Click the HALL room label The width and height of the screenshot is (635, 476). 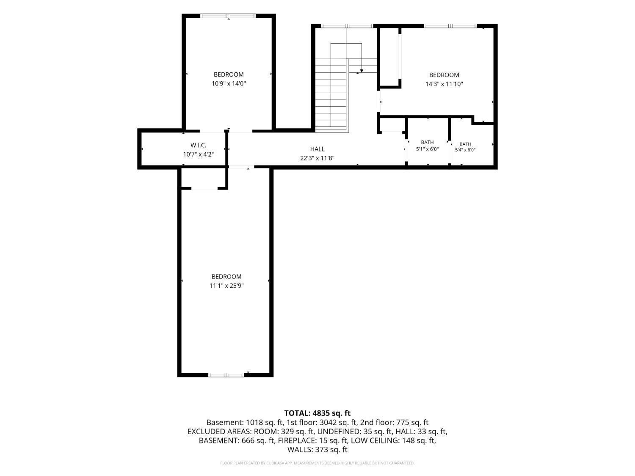click(x=317, y=149)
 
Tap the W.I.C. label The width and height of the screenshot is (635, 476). click(x=198, y=146)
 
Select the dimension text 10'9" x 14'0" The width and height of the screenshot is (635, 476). click(x=229, y=84)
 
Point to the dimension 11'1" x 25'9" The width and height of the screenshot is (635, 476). click(x=226, y=286)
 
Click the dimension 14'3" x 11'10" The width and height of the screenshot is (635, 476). click(x=444, y=84)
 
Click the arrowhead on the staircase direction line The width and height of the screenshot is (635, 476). click(x=362, y=71)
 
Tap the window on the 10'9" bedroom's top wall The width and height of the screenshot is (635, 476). click(x=228, y=16)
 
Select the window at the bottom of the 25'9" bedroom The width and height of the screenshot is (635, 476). click(x=226, y=375)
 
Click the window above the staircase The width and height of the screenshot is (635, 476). click(x=347, y=26)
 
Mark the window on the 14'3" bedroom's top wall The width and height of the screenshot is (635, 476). click(x=450, y=26)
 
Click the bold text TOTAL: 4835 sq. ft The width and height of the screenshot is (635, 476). click(x=317, y=413)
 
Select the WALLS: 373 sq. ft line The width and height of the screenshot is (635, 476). click(x=317, y=450)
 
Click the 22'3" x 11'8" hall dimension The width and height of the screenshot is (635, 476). click(x=317, y=158)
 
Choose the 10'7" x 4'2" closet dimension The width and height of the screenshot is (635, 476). click(x=199, y=154)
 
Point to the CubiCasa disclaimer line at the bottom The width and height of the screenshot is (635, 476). click(x=317, y=463)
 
